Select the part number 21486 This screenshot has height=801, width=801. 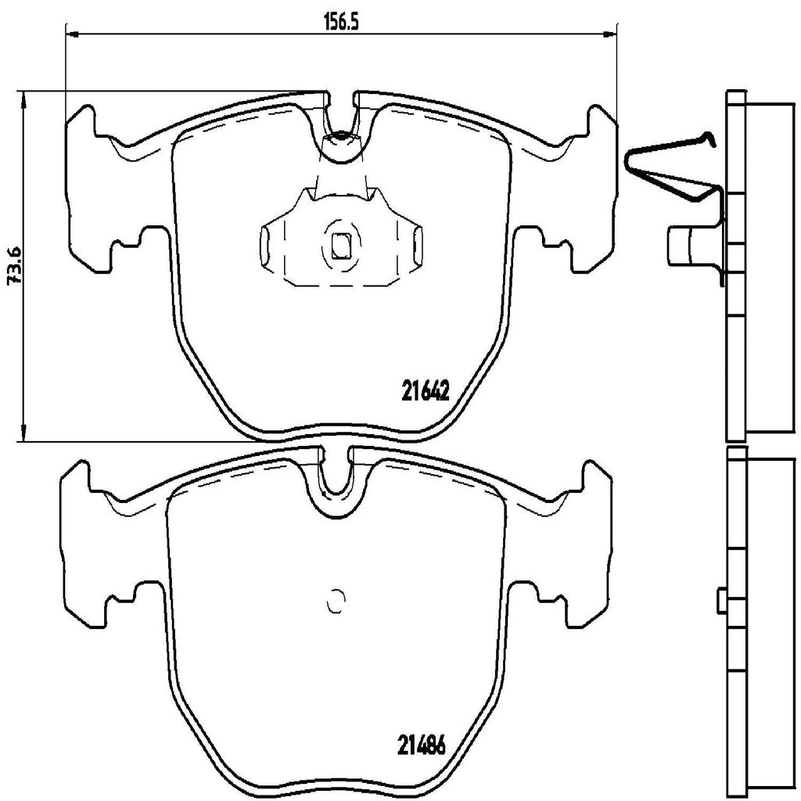tap(422, 745)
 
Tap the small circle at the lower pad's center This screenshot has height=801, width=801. tap(336, 601)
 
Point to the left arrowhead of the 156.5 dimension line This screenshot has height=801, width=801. tap(72, 34)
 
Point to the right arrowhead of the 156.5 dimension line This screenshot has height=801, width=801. tap(609, 34)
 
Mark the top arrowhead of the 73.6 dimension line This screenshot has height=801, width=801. tap(25, 98)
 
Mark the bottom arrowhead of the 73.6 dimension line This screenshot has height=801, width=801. tap(25, 435)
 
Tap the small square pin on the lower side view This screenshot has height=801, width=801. tap(721, 600)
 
